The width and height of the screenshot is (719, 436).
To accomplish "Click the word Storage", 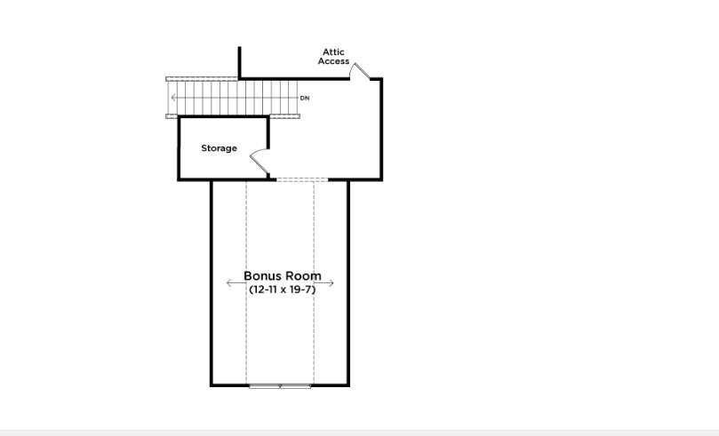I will coord(219,148).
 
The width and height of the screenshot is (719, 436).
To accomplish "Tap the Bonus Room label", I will coord(283,276).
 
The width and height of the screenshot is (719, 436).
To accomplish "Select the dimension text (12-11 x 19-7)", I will coord(282,289).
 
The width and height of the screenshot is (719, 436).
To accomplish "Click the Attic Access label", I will coord(333,57).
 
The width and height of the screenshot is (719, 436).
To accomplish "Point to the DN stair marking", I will coord(305,97).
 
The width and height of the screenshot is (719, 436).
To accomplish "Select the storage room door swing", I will coord(260,163).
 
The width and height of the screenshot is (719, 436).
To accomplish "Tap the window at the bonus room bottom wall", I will coord(280,385).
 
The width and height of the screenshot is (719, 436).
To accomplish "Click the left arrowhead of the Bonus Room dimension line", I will coord(229,283).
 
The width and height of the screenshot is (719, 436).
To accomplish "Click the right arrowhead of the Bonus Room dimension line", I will coord(332,283).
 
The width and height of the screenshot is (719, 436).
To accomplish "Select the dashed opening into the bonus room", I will coord(302,179).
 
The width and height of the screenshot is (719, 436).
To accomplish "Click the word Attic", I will coord(333,52).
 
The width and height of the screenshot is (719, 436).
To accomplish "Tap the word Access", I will coord(333,61).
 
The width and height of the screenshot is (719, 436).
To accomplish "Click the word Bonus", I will coord(262,276).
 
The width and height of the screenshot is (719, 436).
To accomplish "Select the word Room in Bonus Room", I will coord(303,276).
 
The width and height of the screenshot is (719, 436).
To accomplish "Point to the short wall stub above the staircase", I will coord(239,62).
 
